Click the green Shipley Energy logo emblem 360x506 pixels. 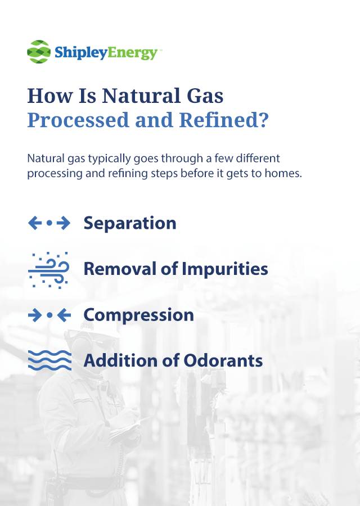coord(39,52)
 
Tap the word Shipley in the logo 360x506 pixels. coord(80,53)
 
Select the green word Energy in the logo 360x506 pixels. coord(132,53)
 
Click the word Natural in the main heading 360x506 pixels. coord(141,96)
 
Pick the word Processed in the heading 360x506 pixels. coord(78,120)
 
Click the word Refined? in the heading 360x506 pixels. coord(224,120)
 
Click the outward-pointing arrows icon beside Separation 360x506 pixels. coord(49,223)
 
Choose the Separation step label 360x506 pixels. coord(130,223)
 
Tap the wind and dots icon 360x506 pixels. coord(49,270)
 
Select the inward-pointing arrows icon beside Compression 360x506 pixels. coord(49,315)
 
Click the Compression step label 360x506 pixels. coord(138,315)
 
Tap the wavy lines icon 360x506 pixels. coord(49,360)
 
